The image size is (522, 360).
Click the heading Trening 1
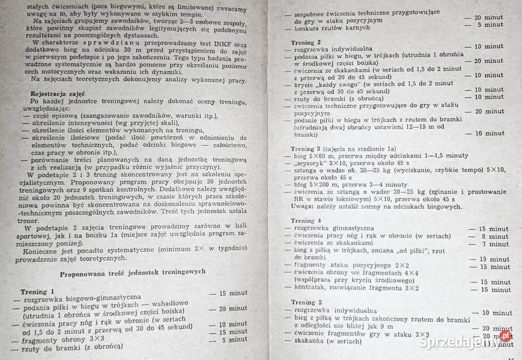[x=37, y=291]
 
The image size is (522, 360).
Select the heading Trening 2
[x=303, y=42]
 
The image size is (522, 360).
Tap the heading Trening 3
[x=302, y=149]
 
